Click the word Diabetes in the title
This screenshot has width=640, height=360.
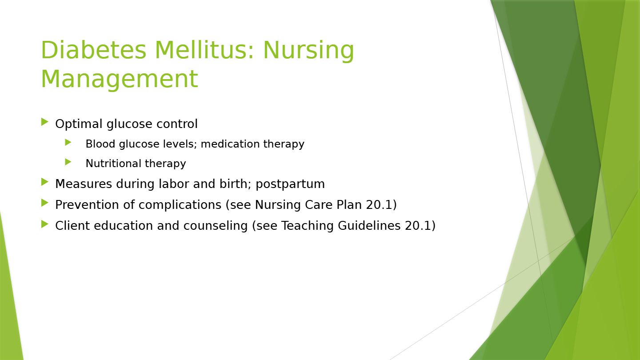click(94, 50)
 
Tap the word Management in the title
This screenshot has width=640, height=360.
click(120, 80)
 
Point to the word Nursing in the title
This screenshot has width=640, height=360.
click(308, 51)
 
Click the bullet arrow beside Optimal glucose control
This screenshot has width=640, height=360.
click(45, 122)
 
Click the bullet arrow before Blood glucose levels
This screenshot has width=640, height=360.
click(68, 142)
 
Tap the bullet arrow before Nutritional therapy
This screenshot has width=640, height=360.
click(68, 162)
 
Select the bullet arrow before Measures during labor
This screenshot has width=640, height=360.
click(45, 182)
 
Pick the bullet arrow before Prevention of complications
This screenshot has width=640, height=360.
click(45, 203)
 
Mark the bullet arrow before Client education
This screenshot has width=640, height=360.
click(45, 224)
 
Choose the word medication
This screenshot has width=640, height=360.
click(230, 144)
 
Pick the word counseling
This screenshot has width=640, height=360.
click(216, 226)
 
